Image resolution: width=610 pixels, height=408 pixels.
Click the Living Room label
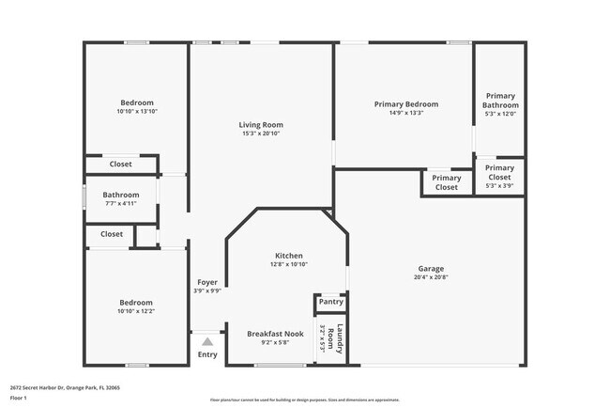(x=261, y=124)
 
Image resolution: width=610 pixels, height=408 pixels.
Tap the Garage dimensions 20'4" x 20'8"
(x=431, y=277)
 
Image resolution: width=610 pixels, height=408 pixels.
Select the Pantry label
(x=330, y=302)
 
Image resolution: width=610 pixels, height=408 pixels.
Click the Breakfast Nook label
(x=275, y=334)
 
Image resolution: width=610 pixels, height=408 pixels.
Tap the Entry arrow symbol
(x=207, y=342)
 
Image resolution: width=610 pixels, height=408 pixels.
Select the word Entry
(x=207, y=354)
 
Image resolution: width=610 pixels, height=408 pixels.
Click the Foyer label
(x=207, y=282)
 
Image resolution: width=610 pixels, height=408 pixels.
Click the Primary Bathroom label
(x=500, y=101)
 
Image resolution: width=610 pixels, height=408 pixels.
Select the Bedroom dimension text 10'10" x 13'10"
(x=137, y=112)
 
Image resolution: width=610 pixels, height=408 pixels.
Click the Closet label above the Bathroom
(x=121, y=165)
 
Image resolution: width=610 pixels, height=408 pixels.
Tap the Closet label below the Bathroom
(x=112, y=234)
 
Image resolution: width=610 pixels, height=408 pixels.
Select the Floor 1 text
(x=20, y=398)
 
